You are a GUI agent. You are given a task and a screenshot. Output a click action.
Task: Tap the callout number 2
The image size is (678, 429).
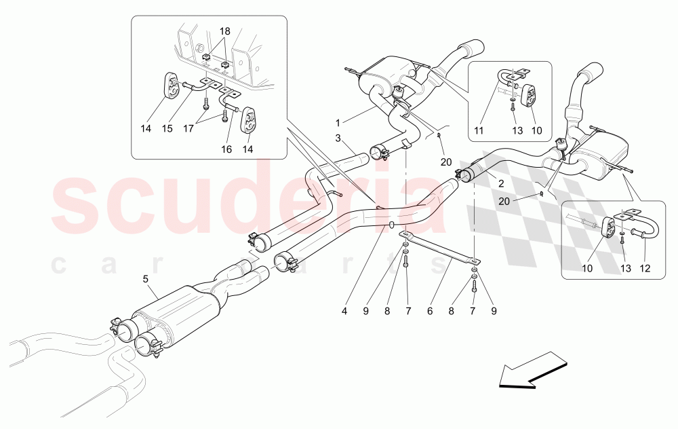point(500,182)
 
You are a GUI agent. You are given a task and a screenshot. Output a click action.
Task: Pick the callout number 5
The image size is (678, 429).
point(144,278)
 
